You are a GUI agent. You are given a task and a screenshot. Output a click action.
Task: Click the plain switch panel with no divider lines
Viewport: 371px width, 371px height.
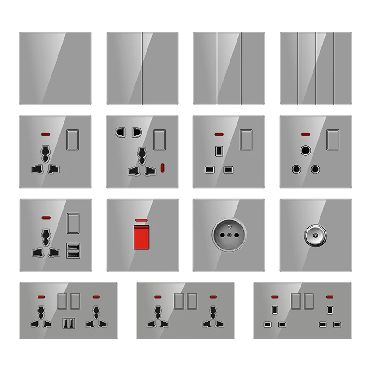(x=55, y=68)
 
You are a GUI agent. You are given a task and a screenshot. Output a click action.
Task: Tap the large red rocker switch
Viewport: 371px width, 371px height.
(x=142, y=239)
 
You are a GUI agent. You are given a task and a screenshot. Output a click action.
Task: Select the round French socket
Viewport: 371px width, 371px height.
(x=229, y=235)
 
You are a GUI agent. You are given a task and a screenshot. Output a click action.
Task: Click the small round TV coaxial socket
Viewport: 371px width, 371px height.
(x=315, y=235)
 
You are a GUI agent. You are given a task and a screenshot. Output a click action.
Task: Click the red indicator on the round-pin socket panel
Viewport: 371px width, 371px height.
(x=306, y=134)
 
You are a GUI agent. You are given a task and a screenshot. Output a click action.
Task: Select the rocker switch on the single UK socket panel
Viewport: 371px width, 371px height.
(x=246, y=140)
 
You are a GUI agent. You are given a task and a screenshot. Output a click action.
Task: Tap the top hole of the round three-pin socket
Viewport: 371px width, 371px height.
(x=306, y=151)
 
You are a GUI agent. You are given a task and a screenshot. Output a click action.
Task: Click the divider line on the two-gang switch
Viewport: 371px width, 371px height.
(x=142, y=68)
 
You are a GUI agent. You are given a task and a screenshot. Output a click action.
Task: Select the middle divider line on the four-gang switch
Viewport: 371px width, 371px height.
(x=315, y=68)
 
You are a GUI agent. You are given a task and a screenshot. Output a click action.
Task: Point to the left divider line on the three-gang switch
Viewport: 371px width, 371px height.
(x=217, y=68)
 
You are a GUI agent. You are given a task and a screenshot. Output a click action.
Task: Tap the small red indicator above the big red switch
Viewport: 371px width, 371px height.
(x=142, y=219)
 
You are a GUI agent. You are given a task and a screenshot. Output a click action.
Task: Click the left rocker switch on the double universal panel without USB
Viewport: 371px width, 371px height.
(x=179, y=301)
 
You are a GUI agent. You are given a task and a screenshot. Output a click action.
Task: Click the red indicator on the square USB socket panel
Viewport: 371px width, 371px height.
(x=45, y=217)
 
